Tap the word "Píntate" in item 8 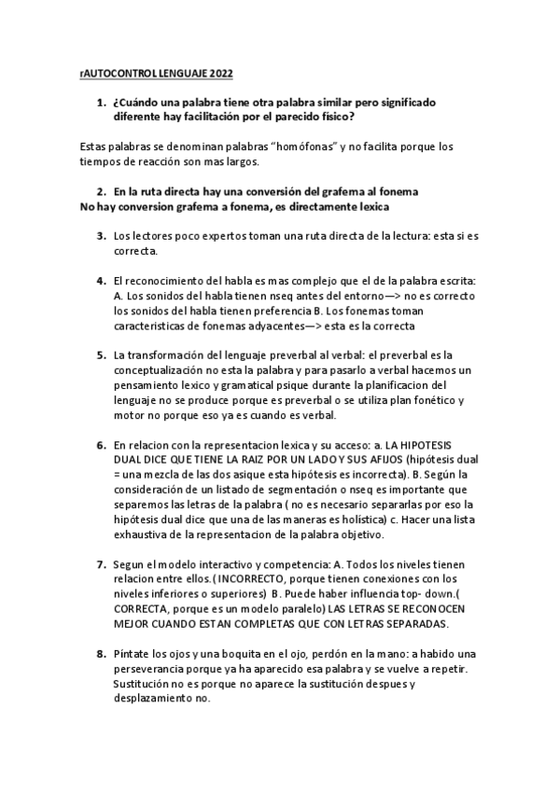tap(133, 654)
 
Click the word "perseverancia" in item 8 tap(155, 669)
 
